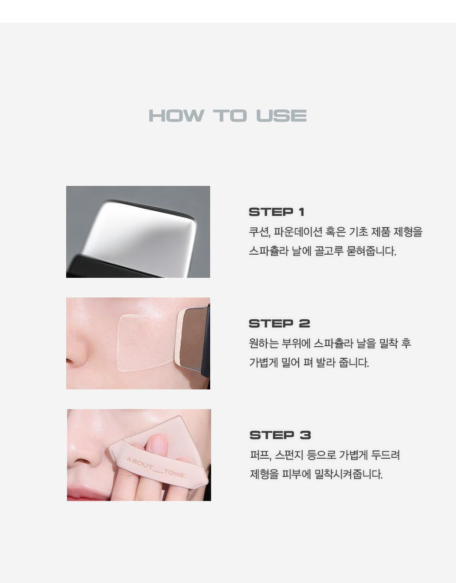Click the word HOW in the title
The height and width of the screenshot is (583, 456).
[176, 116]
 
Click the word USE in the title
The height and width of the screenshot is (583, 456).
[281, 116]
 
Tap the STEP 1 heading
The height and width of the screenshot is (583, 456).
[277, 212]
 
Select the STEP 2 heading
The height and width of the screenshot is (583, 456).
[279, 323]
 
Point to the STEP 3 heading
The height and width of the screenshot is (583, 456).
[280, 435]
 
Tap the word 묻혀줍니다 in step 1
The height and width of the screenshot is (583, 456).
[371, 251]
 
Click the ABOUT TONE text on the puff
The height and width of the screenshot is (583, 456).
[156, 468]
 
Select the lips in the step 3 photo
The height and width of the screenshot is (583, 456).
[86, 493]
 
